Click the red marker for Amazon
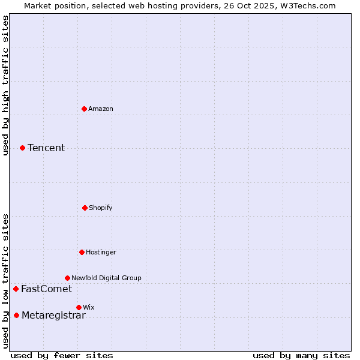(x=85, y=109)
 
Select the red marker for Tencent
(x=23, y=148)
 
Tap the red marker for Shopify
(x=85, y=208)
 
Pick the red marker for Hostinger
(x=82, y=252)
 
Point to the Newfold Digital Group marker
(x=68, y=278)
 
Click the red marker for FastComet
(x=16, y=289)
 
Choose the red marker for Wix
(x=79, y=307)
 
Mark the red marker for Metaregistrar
(x=17, y=315)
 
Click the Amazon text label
(x=101, y=109)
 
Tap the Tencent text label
(x=46, y=148)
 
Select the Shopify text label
(x=101, y=208)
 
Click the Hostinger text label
(x=101, y=252)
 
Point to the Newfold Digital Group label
(x=106, y=278)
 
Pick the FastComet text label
(x=46, y=289)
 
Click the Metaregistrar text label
(x=53, y=315)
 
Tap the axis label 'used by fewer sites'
(x=62, y=355)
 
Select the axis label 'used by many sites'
(x=301, y=355)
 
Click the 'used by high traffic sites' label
(x=6, y=85)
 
